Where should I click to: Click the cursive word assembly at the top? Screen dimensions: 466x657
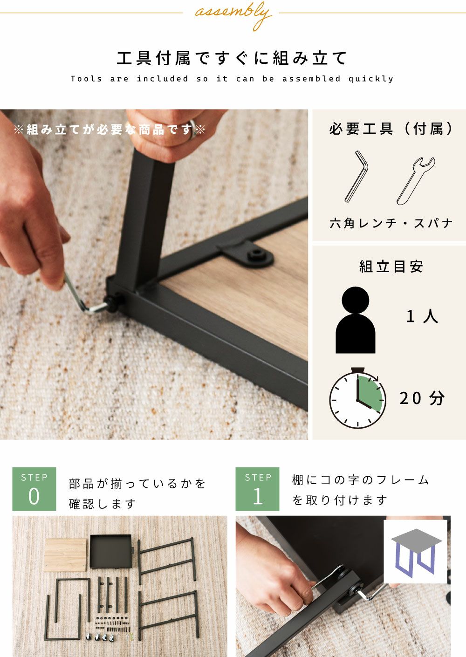click(x=233, y=14)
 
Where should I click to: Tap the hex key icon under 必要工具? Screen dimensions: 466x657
click(x=356, y=176)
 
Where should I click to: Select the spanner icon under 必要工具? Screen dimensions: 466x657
click(x=415, y=181)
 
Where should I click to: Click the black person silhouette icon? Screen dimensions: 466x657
click(x=356, y=320)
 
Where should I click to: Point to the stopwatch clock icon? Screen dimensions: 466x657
click(x=357, y=397)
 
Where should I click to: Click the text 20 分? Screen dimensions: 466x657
click(x=422, y=398)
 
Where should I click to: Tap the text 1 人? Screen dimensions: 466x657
click(x=422, y=317)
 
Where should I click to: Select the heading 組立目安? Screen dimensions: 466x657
click(x=391, y=267)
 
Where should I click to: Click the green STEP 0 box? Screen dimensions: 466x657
click(x=34, y=489)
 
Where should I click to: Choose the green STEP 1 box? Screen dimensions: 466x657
click(x=257, y=489)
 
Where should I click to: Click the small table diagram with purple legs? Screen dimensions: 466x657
click(x=416, y=552)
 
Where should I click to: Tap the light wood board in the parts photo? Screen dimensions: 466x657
click(x=65, y=554)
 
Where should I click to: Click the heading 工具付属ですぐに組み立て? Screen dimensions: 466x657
click(x=232, y=57)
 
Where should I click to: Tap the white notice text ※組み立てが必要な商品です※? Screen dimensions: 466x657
click(x=110, y=130)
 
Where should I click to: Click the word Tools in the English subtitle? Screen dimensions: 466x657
click(x=86, y=79)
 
